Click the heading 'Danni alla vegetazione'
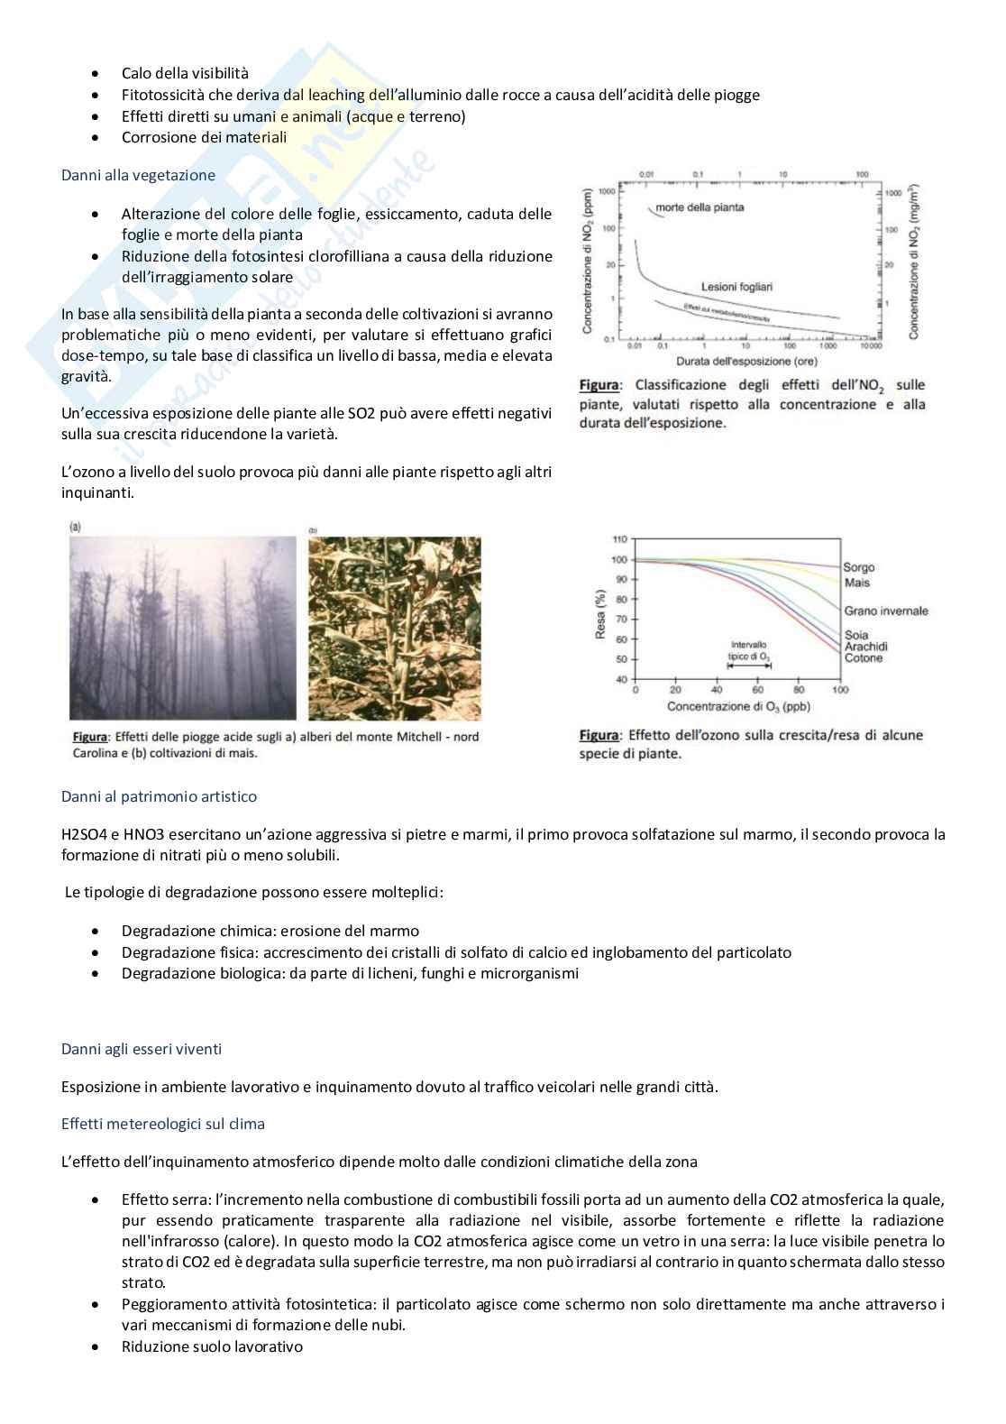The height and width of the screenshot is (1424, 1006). pos(138,175)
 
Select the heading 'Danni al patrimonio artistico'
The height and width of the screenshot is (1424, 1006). pos(159,796)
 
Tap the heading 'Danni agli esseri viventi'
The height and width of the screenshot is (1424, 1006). pos(142,1049)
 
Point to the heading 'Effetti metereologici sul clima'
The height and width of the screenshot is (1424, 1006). pos(163,1124)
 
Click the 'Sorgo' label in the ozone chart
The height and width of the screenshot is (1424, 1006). pos(858,567)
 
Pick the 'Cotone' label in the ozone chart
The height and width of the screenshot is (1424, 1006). pos(863,658)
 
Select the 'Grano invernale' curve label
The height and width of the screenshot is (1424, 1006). pos(885,611)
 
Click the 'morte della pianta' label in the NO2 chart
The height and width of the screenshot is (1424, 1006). pos(700,207)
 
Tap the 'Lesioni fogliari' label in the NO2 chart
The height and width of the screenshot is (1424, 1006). pos(736,287)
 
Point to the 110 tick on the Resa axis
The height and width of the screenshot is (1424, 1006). pos(619,539)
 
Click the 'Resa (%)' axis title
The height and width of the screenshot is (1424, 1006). pos(600,614)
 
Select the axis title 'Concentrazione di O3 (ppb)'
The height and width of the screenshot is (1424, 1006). pos(738,707)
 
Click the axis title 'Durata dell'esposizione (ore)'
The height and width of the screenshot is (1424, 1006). pos(746,362)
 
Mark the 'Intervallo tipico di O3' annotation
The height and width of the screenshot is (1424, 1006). pos(748,651)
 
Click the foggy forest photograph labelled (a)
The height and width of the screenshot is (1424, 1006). pos(183,628)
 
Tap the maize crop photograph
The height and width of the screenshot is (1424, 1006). pos(394,628)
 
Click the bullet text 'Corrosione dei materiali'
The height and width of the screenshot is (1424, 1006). pos(204,137)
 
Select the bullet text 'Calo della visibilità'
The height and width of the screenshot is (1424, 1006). pos(185,73)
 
